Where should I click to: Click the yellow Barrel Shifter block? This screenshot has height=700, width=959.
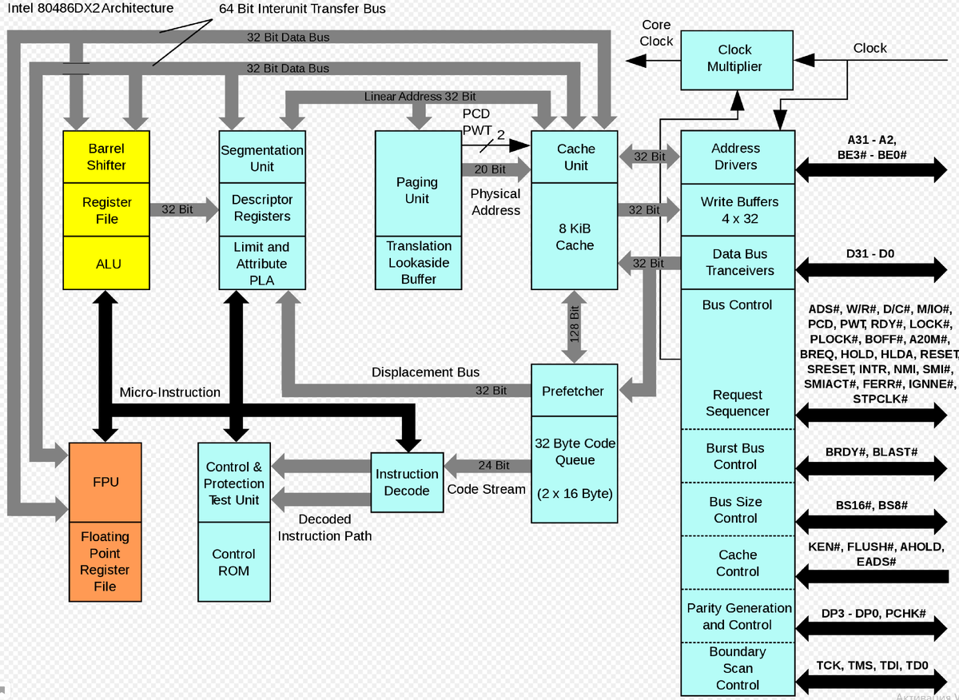[x=105, y=157]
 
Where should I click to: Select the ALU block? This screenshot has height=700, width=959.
[x=105, y=263]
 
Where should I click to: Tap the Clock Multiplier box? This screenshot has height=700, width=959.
[x=734, y=58]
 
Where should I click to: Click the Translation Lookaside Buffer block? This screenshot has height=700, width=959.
[x=418, y=262]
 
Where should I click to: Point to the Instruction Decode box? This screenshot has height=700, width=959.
[x=407, y=482]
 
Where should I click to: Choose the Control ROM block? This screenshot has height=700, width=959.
[x=233, y=562]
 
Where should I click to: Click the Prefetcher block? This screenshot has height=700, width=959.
[x=573, y=391]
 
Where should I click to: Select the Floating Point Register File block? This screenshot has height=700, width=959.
[x=105, y=562]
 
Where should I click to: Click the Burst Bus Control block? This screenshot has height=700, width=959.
[x=735, y=456]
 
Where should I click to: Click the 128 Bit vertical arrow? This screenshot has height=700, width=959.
[x=574, y=327]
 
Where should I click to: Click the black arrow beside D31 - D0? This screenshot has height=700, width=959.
[x=871, y=270]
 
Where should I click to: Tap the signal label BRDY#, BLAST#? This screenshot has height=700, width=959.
[x=871, y=452]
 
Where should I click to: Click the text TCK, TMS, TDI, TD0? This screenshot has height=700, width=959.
[x=872, y=665]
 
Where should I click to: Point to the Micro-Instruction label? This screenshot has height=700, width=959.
[x=169, y=392]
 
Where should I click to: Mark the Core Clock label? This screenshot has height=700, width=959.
[x=656, y=33]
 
